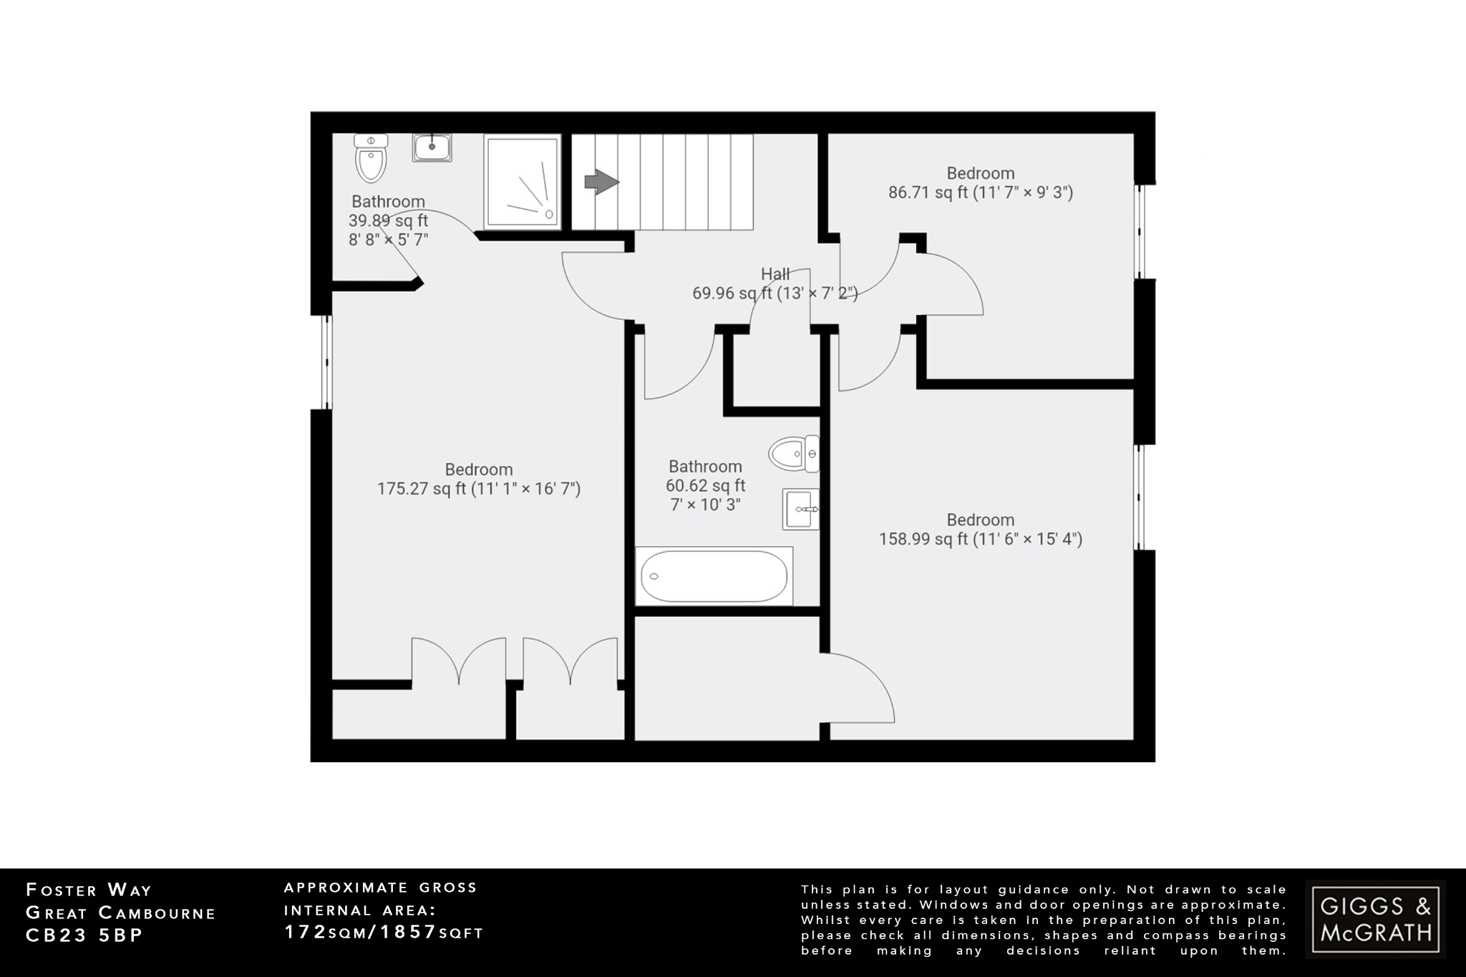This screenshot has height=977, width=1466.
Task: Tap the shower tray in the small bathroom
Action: (521, 183)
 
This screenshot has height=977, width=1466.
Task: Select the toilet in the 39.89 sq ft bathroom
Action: (371, 158)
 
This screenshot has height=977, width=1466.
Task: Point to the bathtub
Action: (714, 576)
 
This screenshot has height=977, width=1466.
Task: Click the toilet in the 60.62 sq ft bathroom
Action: (795, 453)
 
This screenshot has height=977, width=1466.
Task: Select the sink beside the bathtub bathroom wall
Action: (800, 509)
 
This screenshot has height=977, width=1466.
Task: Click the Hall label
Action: (775, 274)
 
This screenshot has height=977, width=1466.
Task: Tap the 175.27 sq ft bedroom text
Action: (478, 489)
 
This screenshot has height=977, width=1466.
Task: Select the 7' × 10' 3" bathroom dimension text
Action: (705, 505)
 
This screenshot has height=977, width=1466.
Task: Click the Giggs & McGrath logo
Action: (1375, 919)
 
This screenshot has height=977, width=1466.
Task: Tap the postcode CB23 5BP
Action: (84, 936)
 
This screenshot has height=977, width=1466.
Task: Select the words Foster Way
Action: (89, 890)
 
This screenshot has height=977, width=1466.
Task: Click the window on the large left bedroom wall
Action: (326, 362)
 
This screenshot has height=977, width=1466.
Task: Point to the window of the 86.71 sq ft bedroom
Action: (1141, 231)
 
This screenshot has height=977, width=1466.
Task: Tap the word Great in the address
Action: (57, 913)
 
